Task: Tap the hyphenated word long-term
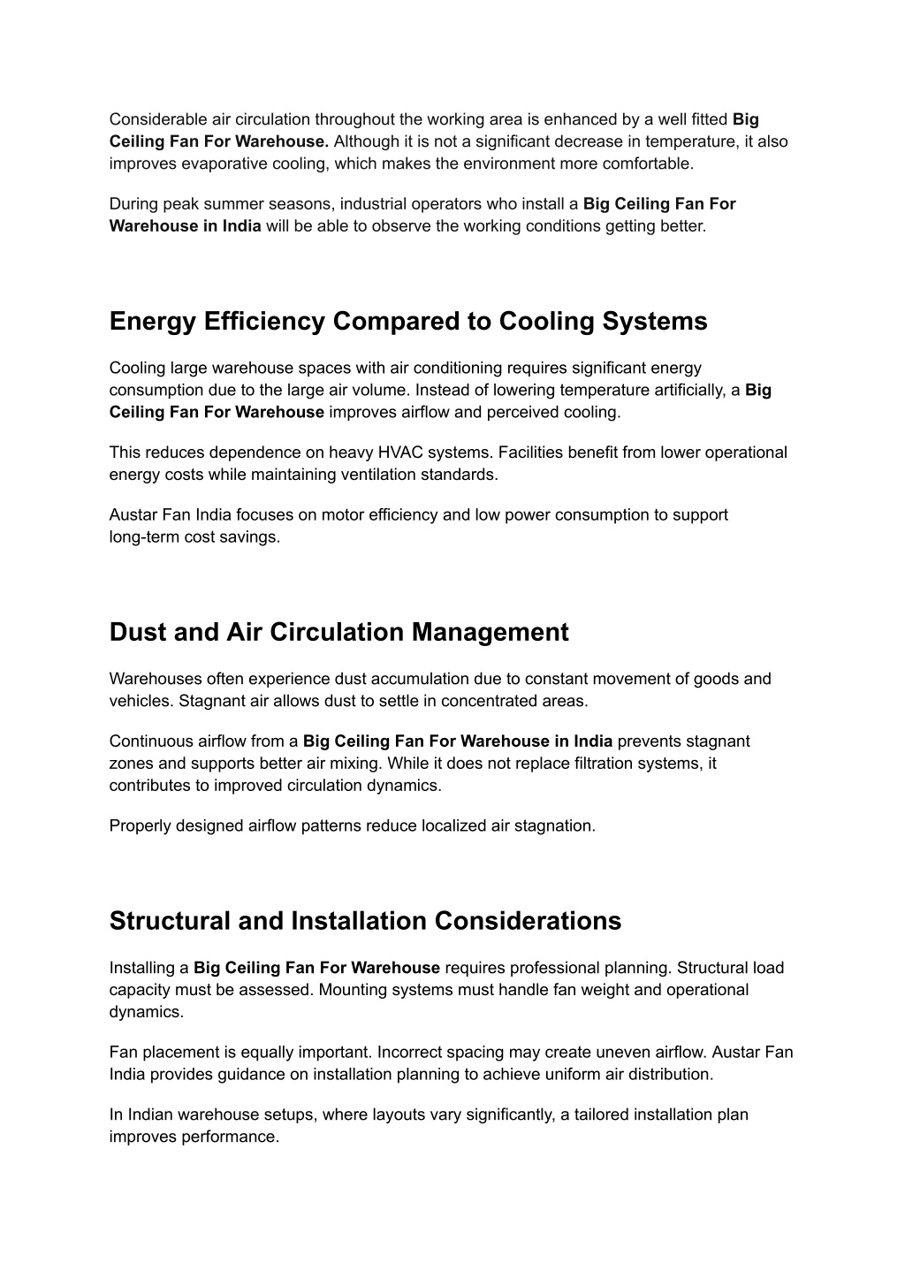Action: pyautogui.click(x=144, y=536)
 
